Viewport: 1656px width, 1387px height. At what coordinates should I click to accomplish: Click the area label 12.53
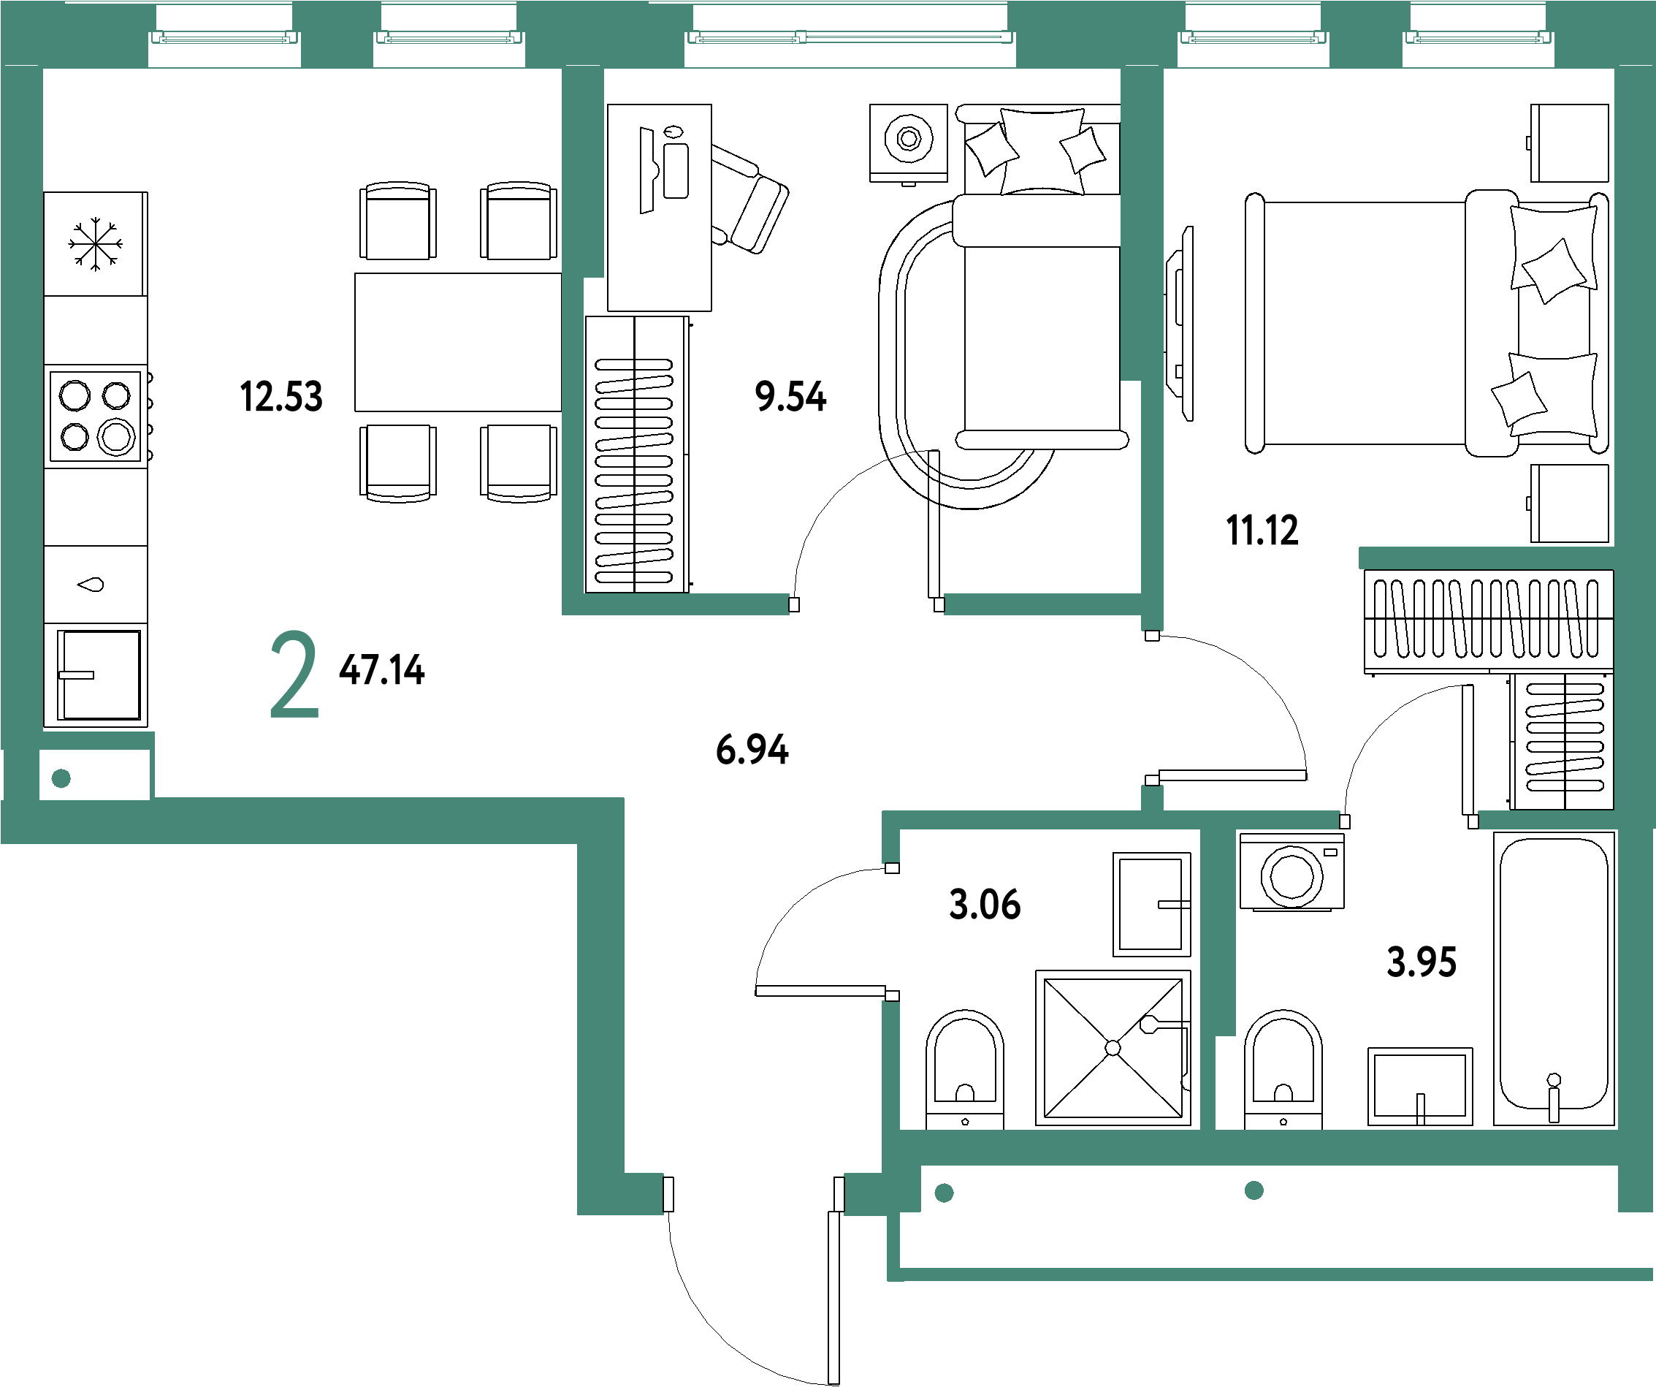(281, 396)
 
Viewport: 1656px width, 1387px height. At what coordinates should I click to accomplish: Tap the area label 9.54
(790, 396)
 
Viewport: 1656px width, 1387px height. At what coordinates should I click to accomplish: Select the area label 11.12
(1262, 531)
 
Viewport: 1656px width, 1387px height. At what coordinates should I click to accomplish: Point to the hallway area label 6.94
(752, 749)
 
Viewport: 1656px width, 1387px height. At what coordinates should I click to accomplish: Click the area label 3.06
(984, 903)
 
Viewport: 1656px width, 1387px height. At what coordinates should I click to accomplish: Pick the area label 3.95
(1421, 962)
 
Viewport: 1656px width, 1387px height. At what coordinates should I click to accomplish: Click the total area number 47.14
(381, 670)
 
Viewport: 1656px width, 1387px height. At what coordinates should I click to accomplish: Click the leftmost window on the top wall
(225, 37)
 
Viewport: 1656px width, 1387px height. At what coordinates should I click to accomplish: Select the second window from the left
(449, 37)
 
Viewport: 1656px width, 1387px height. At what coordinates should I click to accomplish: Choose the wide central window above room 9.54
(850, 37)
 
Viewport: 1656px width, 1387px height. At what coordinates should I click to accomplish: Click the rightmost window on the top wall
(1478, 37)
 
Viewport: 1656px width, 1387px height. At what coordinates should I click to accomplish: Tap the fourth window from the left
(1253, 37)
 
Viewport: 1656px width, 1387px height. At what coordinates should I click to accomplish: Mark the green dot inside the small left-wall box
(61, 779)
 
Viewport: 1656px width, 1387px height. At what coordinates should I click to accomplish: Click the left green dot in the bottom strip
(944, 1193)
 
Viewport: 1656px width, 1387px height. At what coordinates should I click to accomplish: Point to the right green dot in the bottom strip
(1254, 1190)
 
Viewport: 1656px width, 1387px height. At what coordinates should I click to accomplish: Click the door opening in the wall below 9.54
(866, 604)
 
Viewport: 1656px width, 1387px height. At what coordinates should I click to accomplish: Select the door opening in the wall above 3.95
(1408, 820)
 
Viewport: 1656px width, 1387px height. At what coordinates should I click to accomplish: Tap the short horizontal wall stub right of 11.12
(1487, 558)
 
